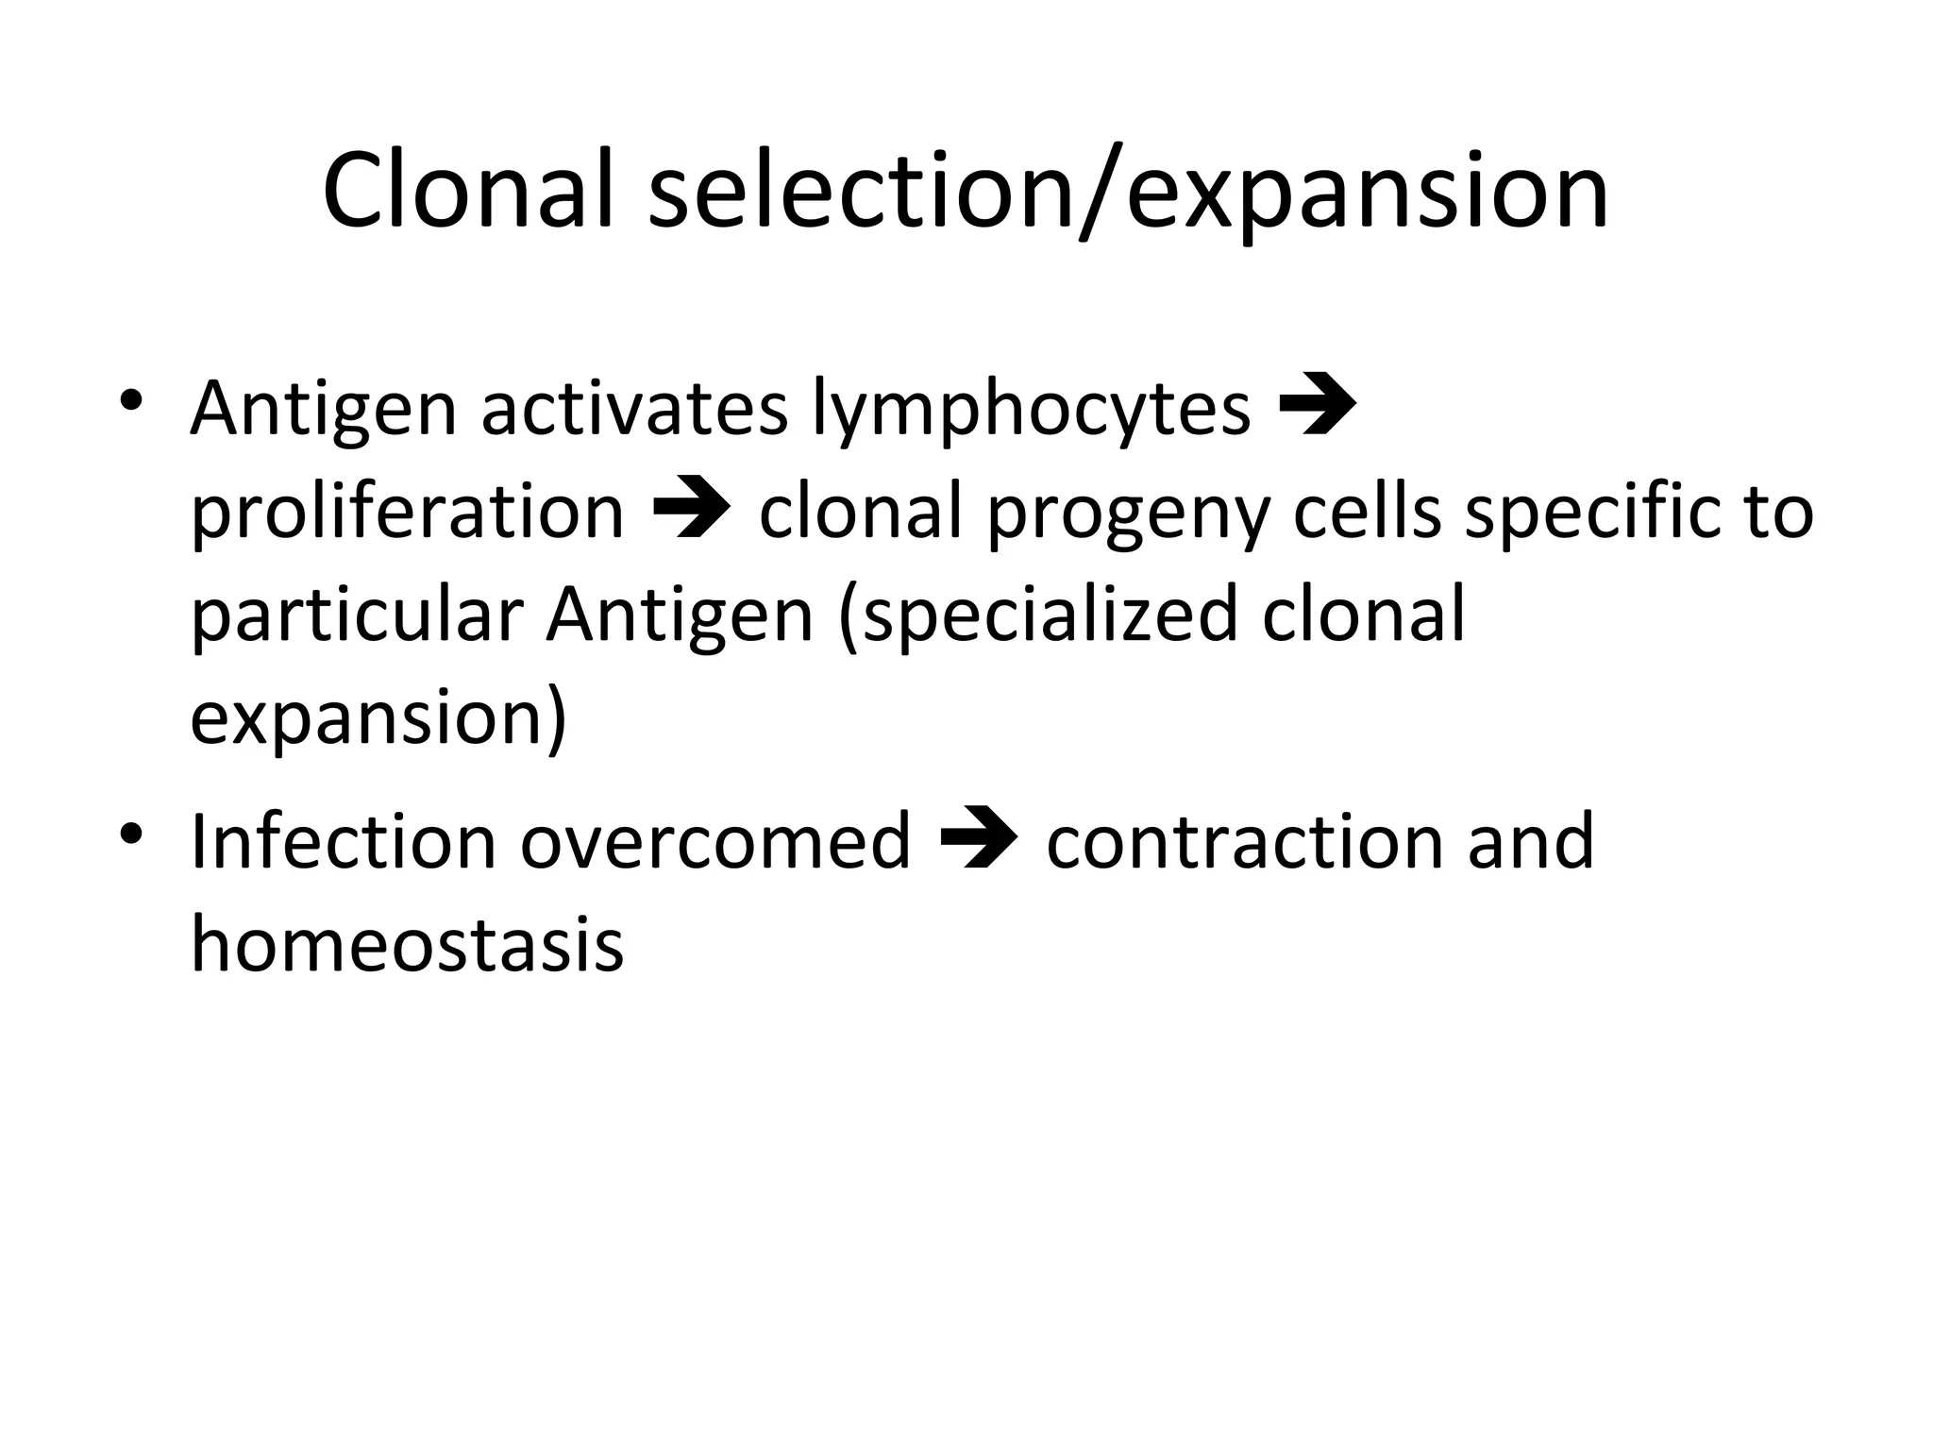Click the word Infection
pos(343,841)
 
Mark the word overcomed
pos(715,841)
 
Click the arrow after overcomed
pos(979,839)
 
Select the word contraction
pos(1243,841)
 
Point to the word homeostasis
pos(407,944)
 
